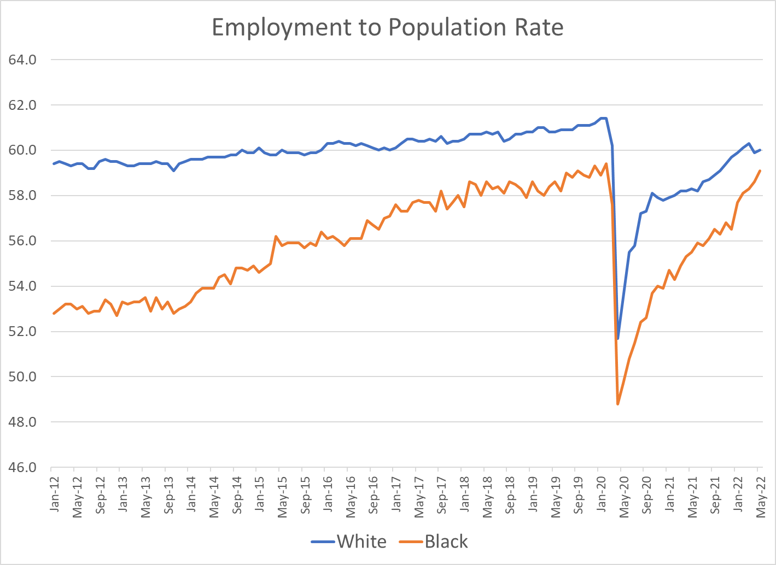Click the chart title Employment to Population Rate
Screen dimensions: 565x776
387,27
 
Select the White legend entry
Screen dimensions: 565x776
361,542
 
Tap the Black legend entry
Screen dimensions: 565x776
446,542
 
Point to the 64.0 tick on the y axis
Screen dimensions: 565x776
22,60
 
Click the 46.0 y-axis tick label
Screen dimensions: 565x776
22,468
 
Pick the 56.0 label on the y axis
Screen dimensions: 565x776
22,241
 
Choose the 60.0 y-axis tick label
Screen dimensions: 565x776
22,150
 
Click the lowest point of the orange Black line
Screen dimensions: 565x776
618,404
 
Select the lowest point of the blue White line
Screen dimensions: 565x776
618,338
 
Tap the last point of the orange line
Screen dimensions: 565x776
760,170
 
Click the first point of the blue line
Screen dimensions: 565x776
54,163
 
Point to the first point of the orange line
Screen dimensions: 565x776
54,313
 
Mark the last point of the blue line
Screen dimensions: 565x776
760,150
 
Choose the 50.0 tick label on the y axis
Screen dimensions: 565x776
22,377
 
